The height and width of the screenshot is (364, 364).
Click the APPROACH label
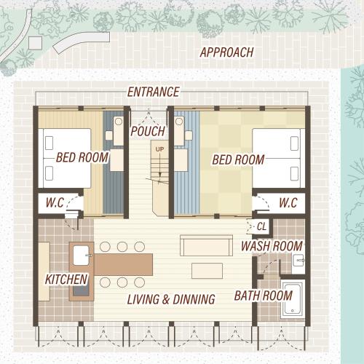226,52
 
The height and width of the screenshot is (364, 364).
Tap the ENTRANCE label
154,92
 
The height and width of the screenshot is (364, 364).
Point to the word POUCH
148,131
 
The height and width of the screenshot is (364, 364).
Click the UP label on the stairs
159,149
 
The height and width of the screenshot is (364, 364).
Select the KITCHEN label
66,280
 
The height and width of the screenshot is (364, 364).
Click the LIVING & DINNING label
171,299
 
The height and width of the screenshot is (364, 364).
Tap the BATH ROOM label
264,296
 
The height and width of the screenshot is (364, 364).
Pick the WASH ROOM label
272,246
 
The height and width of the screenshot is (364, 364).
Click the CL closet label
261,226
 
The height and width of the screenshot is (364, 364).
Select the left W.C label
55,202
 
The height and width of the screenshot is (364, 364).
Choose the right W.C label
288,202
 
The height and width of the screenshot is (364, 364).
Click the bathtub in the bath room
293,300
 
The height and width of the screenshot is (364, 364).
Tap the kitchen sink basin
81,256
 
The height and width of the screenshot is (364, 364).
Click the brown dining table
123,264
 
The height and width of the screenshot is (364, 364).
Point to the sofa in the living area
206,245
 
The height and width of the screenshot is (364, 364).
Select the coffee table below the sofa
207,271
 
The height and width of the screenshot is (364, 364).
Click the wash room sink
298,261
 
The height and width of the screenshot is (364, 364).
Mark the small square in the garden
36,43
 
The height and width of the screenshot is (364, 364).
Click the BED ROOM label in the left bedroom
82,157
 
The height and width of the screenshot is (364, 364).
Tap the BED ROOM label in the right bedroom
238,160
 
